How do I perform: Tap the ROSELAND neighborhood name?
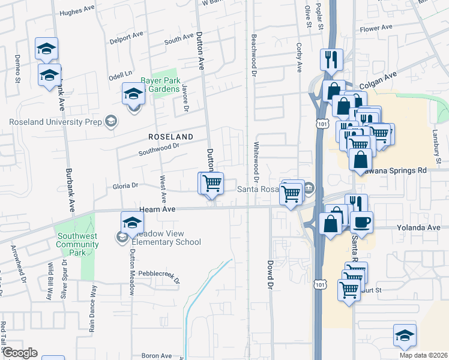point(171,137)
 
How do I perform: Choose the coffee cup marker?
point(361,223)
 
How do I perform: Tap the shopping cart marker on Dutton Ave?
point(211,183)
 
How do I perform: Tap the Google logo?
point(20,353)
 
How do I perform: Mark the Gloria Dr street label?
point(125,186)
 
